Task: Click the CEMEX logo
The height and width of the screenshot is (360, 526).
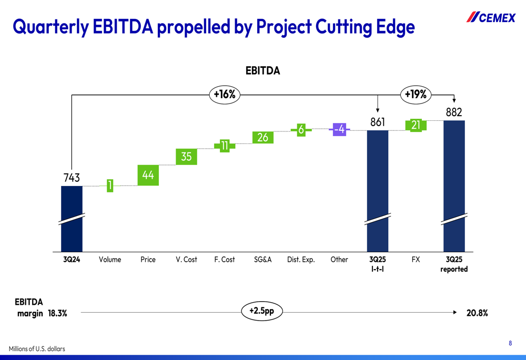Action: pyautogui.click(x=491, y=17)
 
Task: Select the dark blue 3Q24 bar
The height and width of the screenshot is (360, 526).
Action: pyautogui.click(x=72, y=218)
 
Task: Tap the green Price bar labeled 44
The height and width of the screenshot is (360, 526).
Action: pyautogui.click(x=148, y=175)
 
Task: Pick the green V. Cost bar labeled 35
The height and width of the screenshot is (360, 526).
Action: pyautogui.click(x=186, y=157)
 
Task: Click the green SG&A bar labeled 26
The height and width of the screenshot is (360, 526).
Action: pyautogui.click(x=262, y=137)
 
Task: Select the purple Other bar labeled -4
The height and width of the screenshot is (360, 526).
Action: pyautogui.click(x=339, y=129)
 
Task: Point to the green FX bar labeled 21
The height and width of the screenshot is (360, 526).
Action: pyautogui.click(x=416, y=125)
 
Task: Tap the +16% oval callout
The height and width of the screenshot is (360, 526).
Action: pyautogui.click(x=225, y=95)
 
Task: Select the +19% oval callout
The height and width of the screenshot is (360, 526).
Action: pyautogui.click(x=416, y=95)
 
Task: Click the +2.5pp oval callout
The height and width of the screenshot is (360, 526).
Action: pyautogui.click(x=261, y=311)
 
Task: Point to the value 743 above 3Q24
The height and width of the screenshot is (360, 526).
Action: pyautogui.click(x=71, y=178)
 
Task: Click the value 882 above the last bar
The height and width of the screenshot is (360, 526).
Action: pyautogui.click(x=453, y=112)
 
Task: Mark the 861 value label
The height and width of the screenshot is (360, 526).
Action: pyautogui.click(x=377, y=122)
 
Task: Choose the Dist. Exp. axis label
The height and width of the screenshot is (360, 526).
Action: pyautogui.click(x=301, y=260)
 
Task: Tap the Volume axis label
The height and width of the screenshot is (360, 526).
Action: pyautogui.click(x=110, y=260)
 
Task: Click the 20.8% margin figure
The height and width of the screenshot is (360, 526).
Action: pyautogui.click(x=477, y=313)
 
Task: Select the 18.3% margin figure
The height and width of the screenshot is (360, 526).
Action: pyautogui.click(x=57, y=313)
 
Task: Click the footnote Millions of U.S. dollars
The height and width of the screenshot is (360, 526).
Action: pyautogui.click(x=37, y=349)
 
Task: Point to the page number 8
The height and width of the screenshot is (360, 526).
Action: pyautogui.click(x=510, y=343)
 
